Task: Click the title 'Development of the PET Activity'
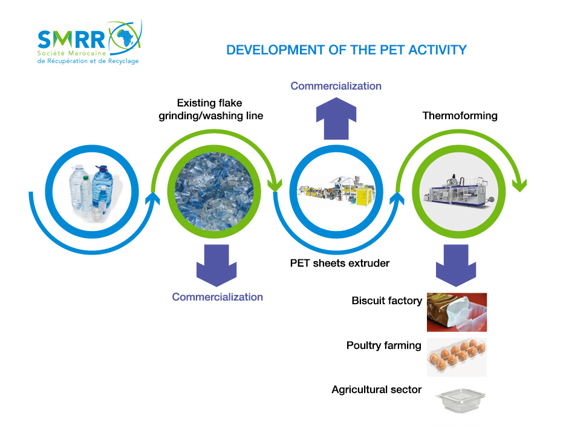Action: tap(347, 50)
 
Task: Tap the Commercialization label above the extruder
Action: tap(336, 86)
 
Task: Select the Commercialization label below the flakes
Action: tap(217, 297)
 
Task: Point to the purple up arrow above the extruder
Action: tap(336, 118)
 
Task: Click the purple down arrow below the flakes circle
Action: tap(216, 265)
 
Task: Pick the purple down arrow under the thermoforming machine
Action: tap(456, 265)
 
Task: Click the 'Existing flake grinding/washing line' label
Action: tap(211, 109)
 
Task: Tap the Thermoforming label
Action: tap(460, 115)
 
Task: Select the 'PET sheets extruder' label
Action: tap(340, 263)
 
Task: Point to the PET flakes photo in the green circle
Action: tap(214, 191)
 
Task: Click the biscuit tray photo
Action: tap(457, 312)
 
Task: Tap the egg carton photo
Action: tap(457, 357)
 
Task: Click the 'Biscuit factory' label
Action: tap(386, 300)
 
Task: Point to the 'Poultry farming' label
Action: tap(384, 345)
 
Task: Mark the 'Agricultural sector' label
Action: tap(376, 389)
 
